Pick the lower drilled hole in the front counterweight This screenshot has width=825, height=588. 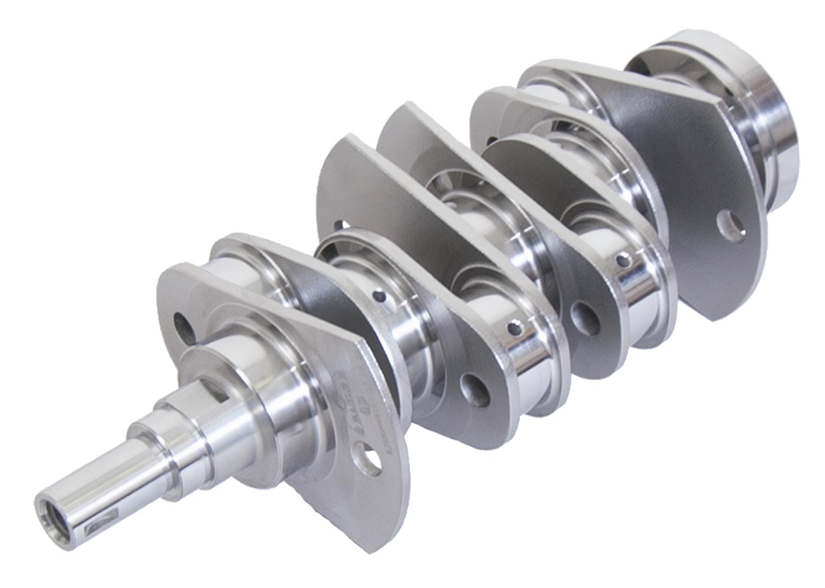pyautogui.click(x=371, y=459)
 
